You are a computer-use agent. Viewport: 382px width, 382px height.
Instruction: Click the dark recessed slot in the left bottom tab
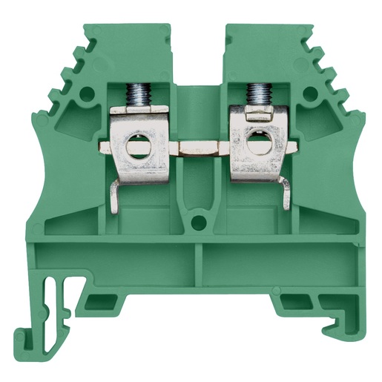96,301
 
